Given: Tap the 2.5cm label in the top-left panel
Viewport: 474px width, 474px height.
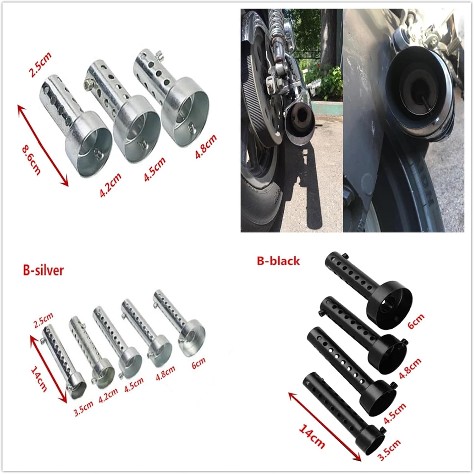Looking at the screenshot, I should (40, 65).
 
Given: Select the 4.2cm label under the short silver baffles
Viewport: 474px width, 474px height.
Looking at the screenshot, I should (111, 185).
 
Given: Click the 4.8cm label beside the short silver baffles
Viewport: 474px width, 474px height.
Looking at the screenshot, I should (206, 147).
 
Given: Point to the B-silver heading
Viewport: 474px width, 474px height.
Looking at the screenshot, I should (43, 271).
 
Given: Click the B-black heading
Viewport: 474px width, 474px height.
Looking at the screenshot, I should (278, 261).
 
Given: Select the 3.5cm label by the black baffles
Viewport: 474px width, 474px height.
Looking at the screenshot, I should (389, 450).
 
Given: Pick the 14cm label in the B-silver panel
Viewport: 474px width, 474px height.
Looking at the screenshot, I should (39, 379).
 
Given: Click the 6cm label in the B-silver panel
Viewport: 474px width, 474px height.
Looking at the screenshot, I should (198, 363).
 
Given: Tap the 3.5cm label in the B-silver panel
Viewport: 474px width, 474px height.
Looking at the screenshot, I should (83, 410).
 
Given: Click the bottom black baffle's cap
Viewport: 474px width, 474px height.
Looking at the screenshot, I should (372, 437).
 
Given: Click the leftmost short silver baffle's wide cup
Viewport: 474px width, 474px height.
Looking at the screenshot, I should (90, 145).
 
